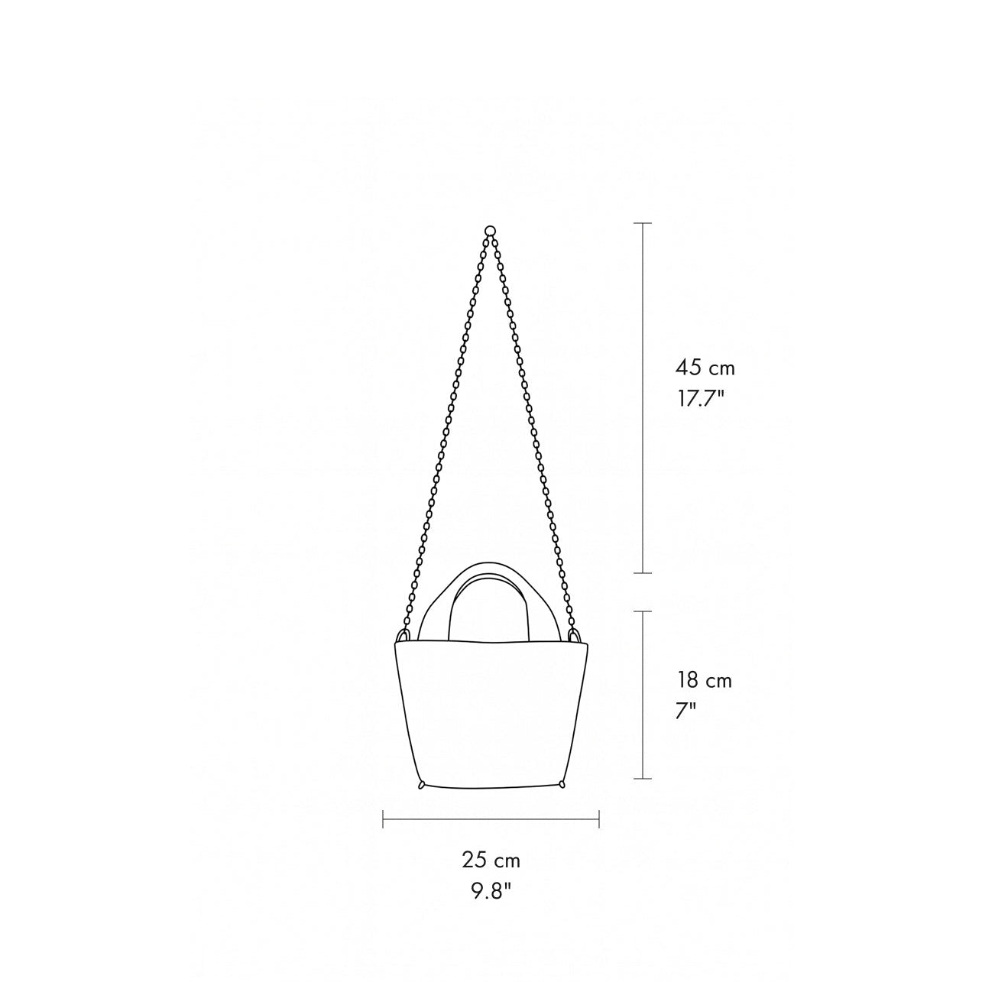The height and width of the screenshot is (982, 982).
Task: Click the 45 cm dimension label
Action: click(705, 368)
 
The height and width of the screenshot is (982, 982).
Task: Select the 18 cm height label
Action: click(705, 680)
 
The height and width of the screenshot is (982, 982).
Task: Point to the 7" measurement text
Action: click(686, 711)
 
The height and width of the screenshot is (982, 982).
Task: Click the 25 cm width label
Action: click(491, 860)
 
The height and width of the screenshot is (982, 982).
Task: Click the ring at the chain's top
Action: click(490, 230)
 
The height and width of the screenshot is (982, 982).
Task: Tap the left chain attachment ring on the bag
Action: click(403, 636)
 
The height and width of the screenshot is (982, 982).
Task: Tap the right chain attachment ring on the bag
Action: click(575, 636)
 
